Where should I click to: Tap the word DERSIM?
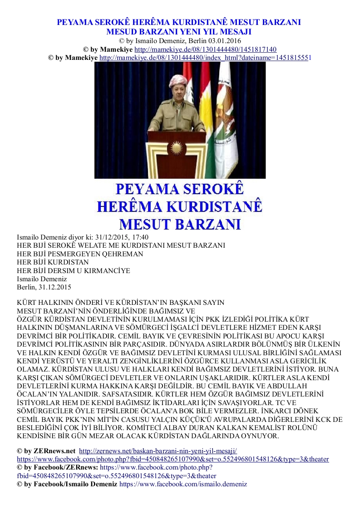59,271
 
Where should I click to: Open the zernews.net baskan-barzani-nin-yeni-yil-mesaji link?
158,451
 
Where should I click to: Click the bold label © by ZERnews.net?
46,451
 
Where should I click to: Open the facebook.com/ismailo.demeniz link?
183,484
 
